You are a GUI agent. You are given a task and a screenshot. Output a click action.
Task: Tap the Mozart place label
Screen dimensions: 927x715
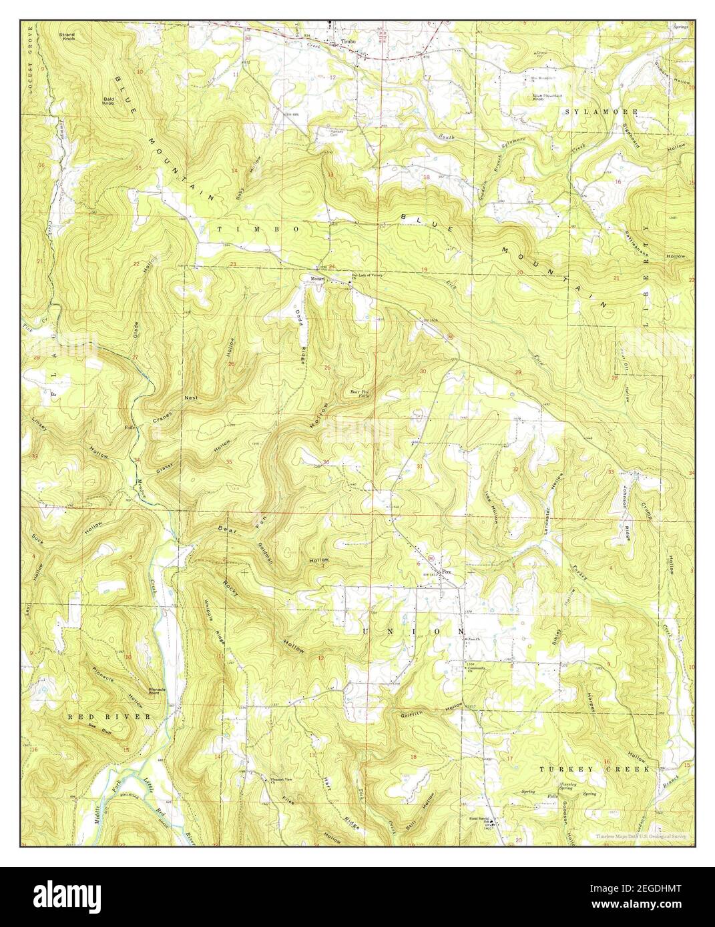tap(315, 279)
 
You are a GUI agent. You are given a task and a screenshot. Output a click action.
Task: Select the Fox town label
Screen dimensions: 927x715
tap(447, 571)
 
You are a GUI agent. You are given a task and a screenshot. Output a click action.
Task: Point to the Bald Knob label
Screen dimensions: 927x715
tap(109, 101)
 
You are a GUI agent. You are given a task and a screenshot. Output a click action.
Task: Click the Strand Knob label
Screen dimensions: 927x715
tap(85, 35)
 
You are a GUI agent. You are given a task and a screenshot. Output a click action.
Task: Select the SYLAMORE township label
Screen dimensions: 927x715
tap(601, 111)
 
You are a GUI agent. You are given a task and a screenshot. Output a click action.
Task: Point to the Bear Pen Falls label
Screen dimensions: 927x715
tap(361, 394)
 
